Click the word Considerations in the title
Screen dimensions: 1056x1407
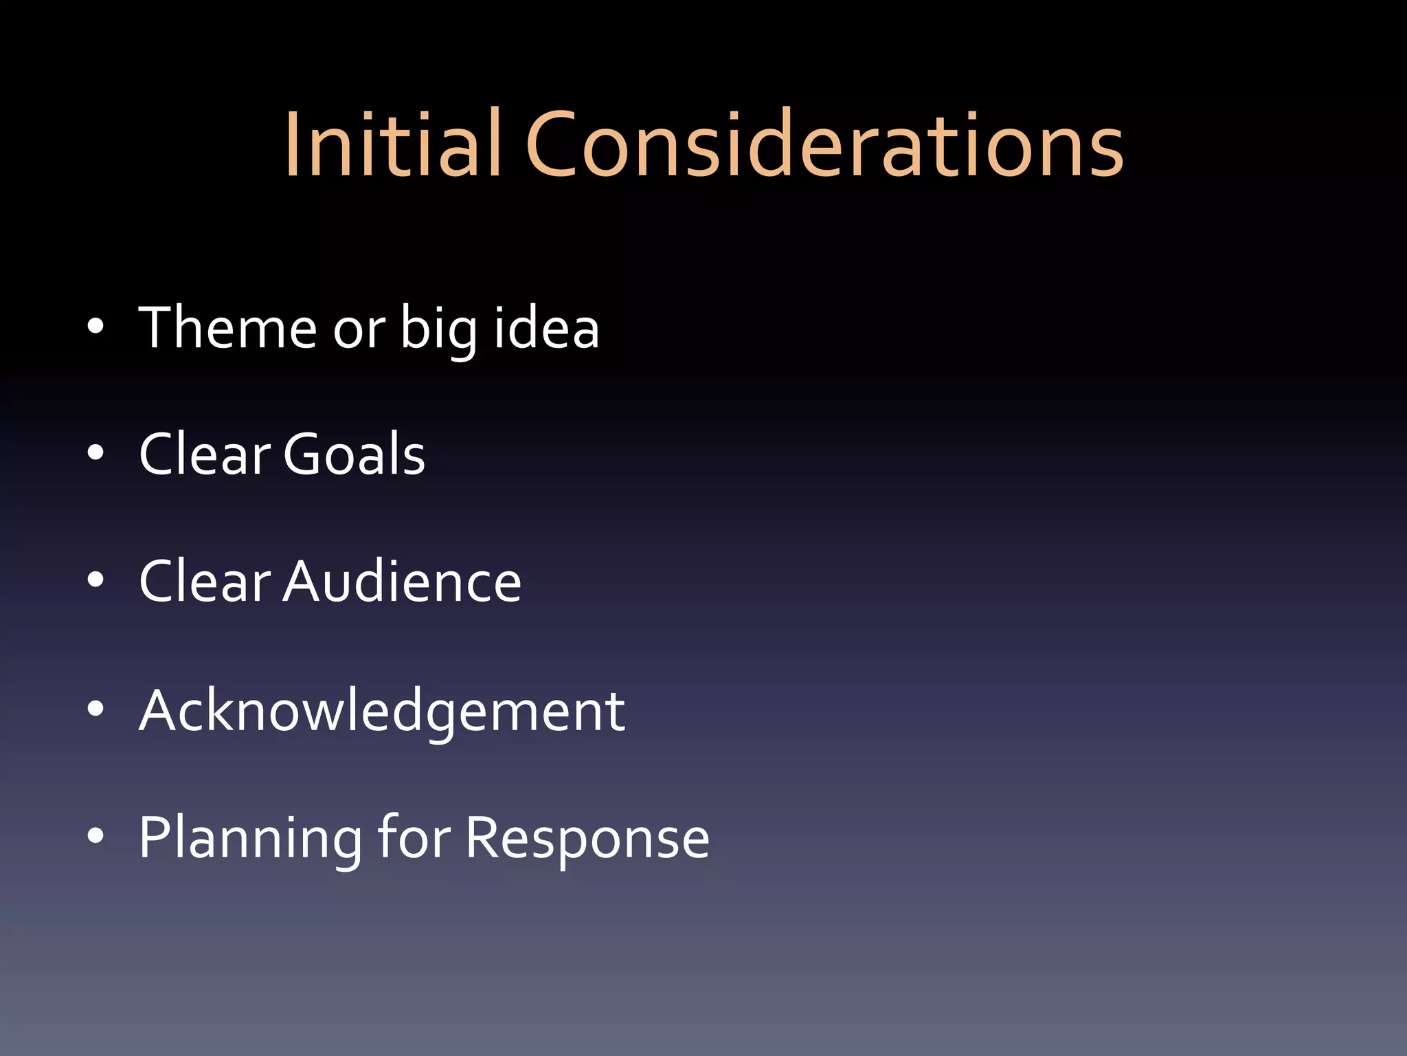824,146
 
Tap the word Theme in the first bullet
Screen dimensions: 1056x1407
227,328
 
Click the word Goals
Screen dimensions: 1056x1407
354,454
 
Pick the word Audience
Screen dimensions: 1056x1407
403,582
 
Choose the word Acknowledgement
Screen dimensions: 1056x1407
382,711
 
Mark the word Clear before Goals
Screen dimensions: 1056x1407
205,454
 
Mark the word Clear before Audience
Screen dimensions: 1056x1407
205,582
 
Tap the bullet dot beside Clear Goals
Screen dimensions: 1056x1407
95,453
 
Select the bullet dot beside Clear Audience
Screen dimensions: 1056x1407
95,580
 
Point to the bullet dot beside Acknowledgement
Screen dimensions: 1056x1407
95,709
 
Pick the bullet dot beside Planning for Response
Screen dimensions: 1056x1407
95,835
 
